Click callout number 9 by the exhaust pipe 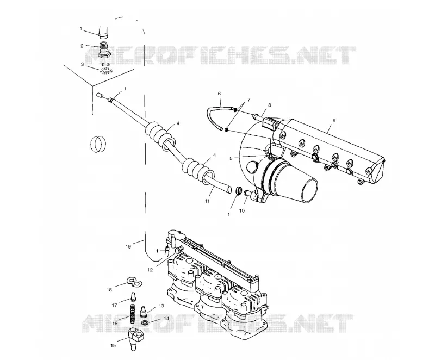(334, 120)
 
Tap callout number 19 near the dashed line (128, 246)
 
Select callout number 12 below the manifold (150, 270)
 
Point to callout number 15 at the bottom (113, 345)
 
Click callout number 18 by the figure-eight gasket (109, 290)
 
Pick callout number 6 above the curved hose (219, 94)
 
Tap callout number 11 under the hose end (207, 201)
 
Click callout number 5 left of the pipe (231, 158)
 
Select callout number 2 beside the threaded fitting (82, 46)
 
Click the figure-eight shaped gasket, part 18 (134, 282)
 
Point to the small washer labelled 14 (144, 323)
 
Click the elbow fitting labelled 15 (136, 338)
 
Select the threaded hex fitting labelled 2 (105, 51)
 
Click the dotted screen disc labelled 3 (106, 71)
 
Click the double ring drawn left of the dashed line (98, 144)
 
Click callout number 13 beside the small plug (161, 306)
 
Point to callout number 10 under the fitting (242, 210)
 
